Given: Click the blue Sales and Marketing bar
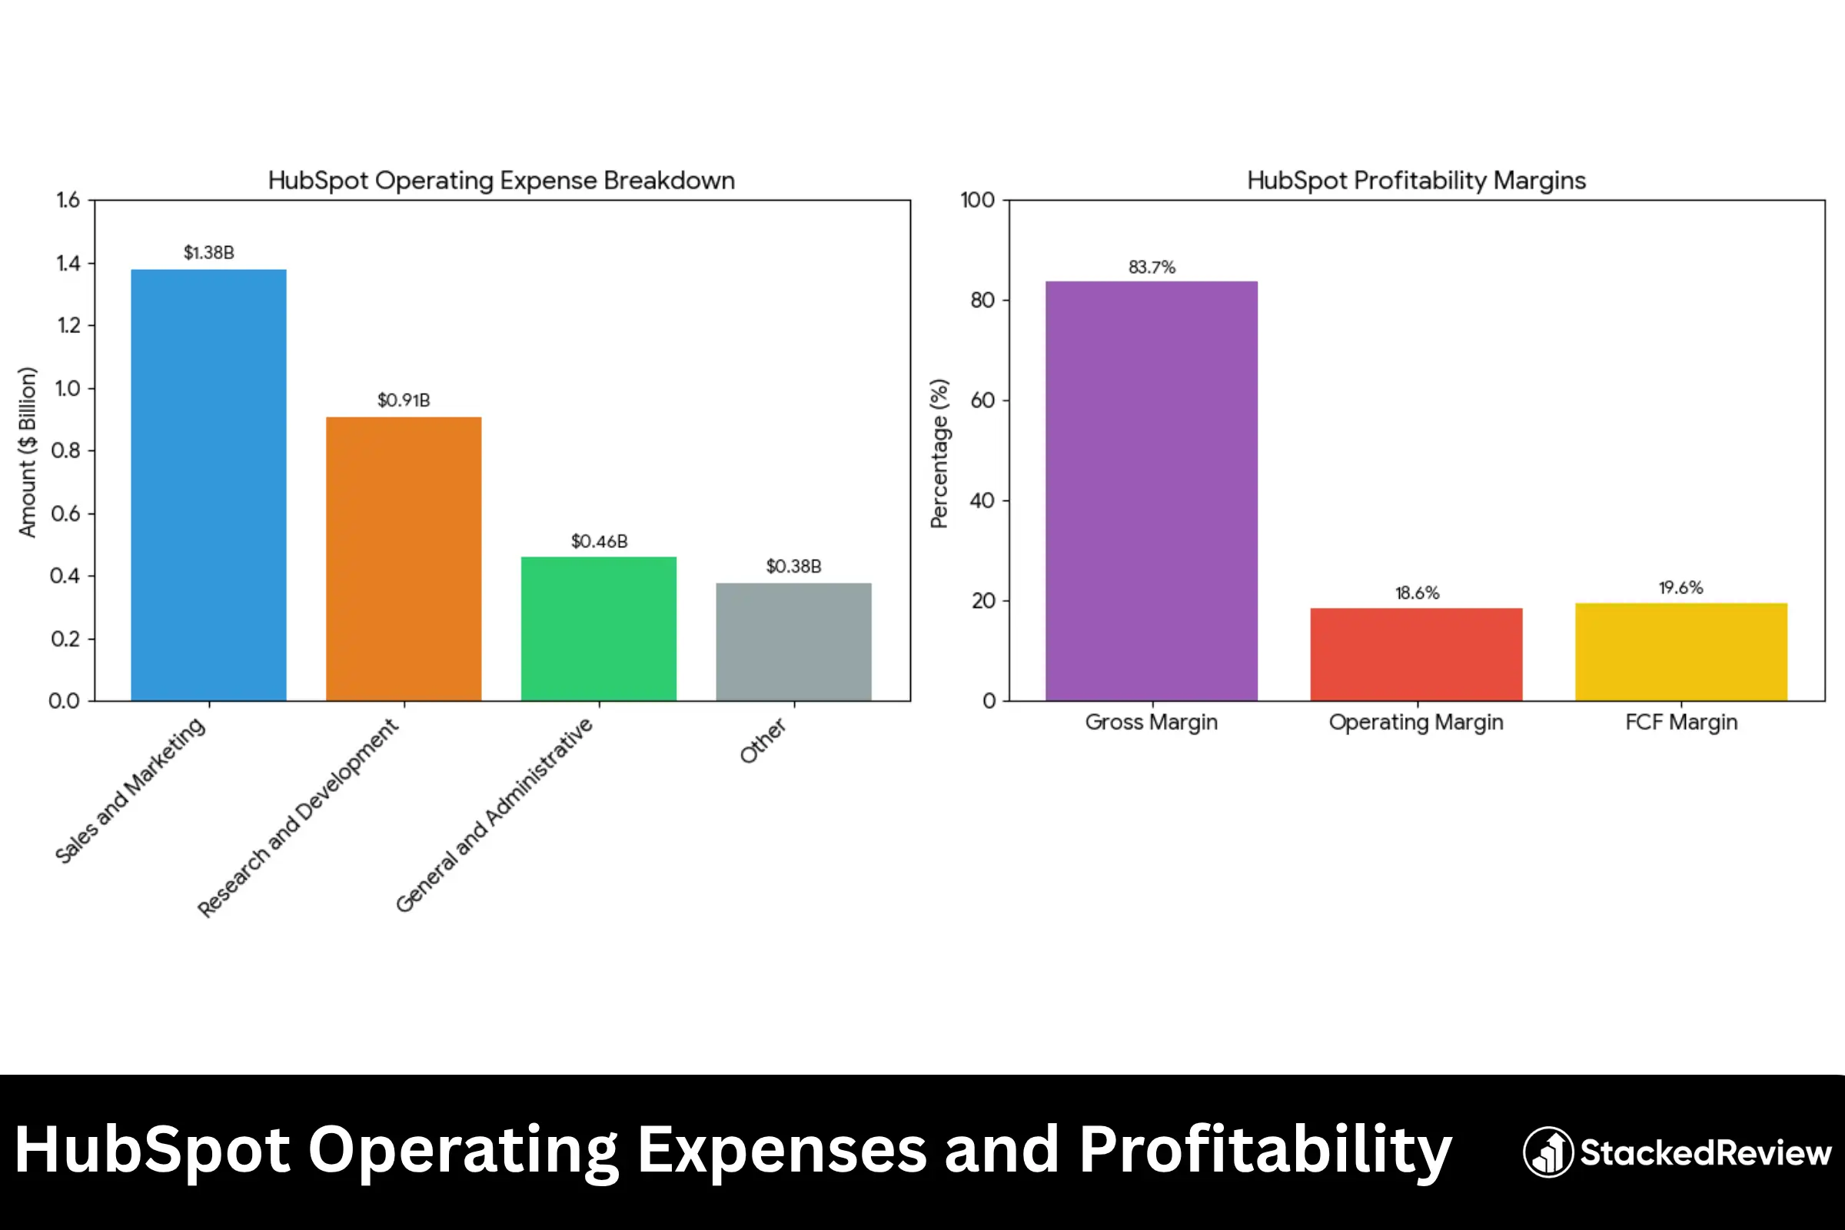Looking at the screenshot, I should coord(208,485).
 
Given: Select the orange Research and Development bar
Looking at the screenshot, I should coord(403,559).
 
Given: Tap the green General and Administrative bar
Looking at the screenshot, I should coord(599,628).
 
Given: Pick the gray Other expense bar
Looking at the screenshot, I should coord(793,642).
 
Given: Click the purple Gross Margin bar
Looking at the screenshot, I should coord(1151,490).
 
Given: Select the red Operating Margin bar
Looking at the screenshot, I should coord(1416,654).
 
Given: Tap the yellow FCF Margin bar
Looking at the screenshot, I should coord(1680,652).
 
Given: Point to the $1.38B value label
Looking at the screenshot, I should coord(208,253).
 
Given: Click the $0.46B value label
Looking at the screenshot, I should coord(599,541).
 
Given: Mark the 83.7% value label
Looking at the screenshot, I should coord(1151,268).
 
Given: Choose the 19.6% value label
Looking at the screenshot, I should coord(1680,587).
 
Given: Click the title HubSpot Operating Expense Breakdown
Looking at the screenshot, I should coord(501,181).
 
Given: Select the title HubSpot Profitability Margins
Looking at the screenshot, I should coord(1416,181).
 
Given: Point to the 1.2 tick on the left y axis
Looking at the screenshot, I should coord(68,325).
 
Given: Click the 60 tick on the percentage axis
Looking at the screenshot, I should coord(982,401).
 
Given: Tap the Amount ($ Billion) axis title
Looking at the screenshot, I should coord(28,452).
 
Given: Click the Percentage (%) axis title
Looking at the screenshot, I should coord(939,454).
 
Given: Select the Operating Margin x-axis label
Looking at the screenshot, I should coord(1416,722).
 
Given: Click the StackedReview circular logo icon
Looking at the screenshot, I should coord(1547,1152).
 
